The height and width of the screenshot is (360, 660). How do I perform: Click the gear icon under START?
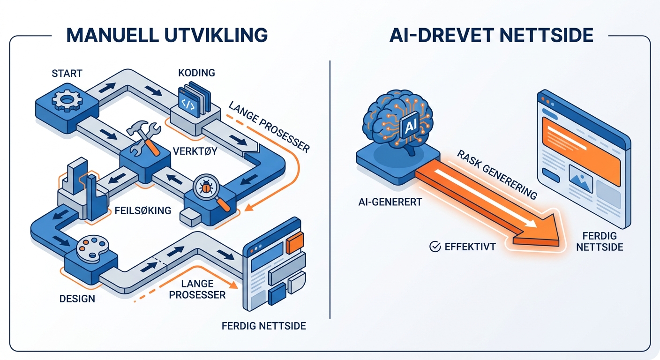click(x=67, y=99)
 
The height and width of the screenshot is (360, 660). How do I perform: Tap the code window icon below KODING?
click(x=188, y=102)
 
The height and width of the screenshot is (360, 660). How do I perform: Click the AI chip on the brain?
click(x=410, y=127)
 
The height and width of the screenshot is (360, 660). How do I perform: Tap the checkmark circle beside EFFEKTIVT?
click(x=435, y=247)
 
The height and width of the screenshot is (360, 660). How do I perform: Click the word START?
click(x=67, y=73)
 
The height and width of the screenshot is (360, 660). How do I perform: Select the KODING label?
click(x=196, y=73)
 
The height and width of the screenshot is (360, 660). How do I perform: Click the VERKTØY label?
click(x=195, y=151)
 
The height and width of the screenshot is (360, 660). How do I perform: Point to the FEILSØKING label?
click(x=142, y=210)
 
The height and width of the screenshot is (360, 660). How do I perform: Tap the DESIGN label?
click(x=77, y=299)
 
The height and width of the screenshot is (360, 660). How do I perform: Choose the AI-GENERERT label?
click(x=390, y=202)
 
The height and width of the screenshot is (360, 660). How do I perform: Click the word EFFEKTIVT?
click(x=470, y=247)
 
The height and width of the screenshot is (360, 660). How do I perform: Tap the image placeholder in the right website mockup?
click(x=580, y=179)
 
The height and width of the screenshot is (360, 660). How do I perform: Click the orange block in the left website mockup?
click(x=295, y=243)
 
